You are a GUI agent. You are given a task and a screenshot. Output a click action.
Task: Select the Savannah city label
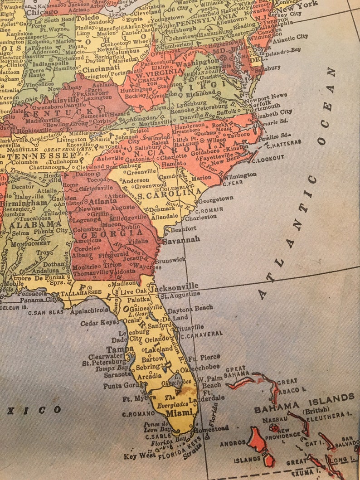pyautogui.click(x=181, y=240)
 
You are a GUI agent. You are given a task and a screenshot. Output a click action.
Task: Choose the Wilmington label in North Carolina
pyautogui.click(x=239, y=175)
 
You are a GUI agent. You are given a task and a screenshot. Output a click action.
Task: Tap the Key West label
pyautogui.click(x=137, y=456)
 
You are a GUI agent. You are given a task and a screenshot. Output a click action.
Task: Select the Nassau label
pyautogui.click(x=272, y=420)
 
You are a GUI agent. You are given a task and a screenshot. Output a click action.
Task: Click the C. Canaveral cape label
pyautogui.click(x=201, y=334)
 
